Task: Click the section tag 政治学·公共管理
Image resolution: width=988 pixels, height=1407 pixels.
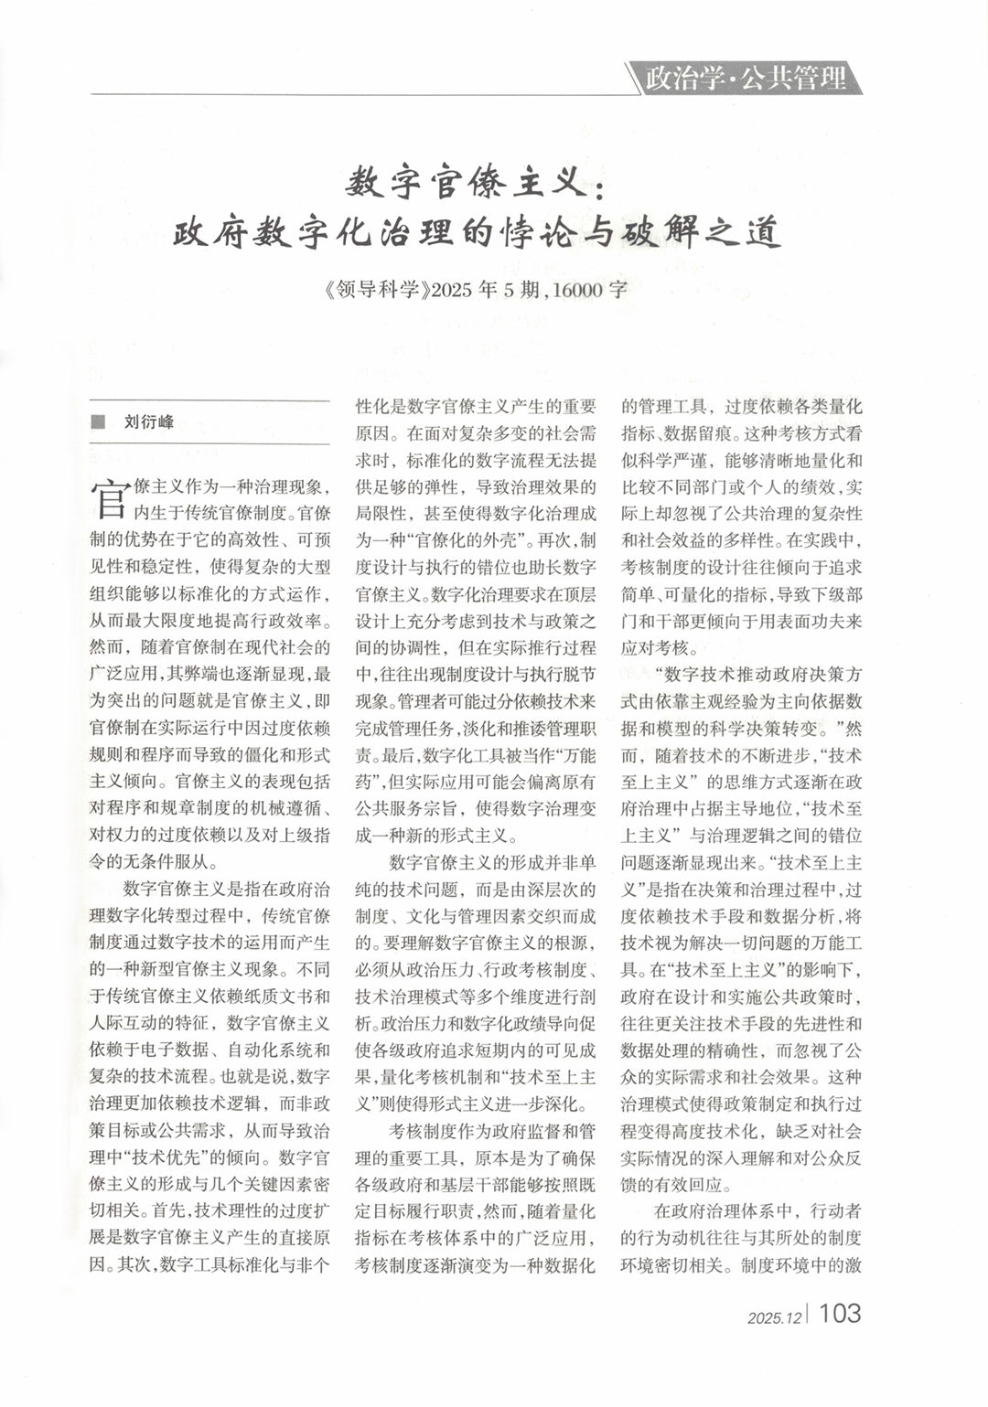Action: tap(746, 79)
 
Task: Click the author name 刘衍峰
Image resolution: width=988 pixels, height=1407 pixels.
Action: tap(148, 422)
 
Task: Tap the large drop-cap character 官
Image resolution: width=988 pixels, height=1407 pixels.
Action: tap(108, 495)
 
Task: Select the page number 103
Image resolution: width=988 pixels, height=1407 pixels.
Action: tap(839, 1313)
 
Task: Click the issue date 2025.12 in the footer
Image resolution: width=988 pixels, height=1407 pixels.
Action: tap(773, 1317)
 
